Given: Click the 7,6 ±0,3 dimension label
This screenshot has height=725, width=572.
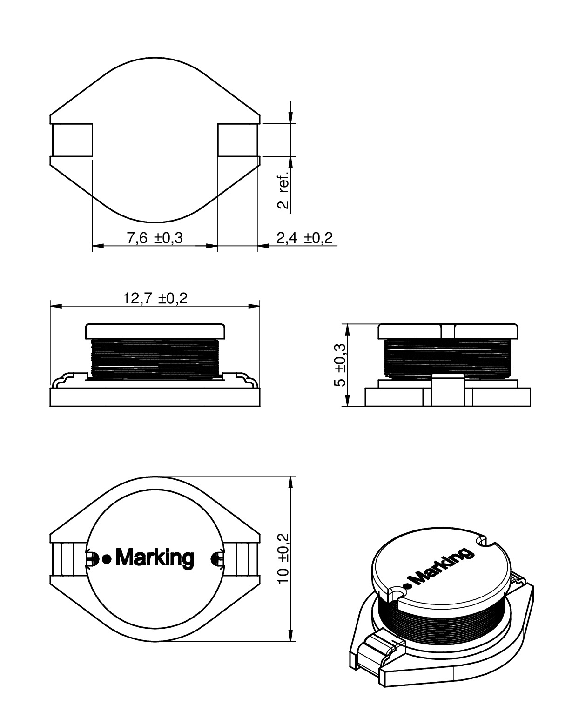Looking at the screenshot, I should (155, 238).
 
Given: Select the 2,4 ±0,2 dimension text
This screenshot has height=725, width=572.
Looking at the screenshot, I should (304, 238).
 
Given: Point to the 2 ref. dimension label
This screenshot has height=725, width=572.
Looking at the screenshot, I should (283, 189).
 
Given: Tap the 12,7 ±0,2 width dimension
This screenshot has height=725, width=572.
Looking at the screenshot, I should (155, 298).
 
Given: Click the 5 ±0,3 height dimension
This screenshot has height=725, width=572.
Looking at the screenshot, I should (340, 365).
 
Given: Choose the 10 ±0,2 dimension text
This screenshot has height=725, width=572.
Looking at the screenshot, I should (283, 559).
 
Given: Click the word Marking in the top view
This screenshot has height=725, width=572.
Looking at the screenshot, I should (154, 557).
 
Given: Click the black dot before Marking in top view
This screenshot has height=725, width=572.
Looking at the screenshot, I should (107, 559).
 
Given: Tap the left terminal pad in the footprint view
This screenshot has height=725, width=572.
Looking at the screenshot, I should (72, 140).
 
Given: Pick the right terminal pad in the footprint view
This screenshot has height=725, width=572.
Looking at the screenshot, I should (237, 140).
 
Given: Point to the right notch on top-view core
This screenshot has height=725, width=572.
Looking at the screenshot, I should (217, 557).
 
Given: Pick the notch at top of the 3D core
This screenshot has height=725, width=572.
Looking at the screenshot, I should (482, 541).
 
